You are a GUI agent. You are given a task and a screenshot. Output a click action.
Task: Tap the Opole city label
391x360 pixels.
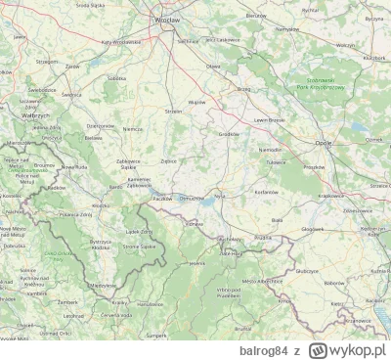click(324, 142)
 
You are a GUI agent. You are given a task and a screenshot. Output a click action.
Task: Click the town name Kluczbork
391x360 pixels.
click(372, 58)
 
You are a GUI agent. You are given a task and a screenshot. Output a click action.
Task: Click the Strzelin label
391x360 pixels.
click(175, 111)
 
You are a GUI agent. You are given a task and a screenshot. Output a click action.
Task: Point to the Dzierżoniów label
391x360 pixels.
click(100, 126)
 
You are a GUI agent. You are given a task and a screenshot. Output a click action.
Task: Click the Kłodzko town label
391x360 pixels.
click(100, 205)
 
